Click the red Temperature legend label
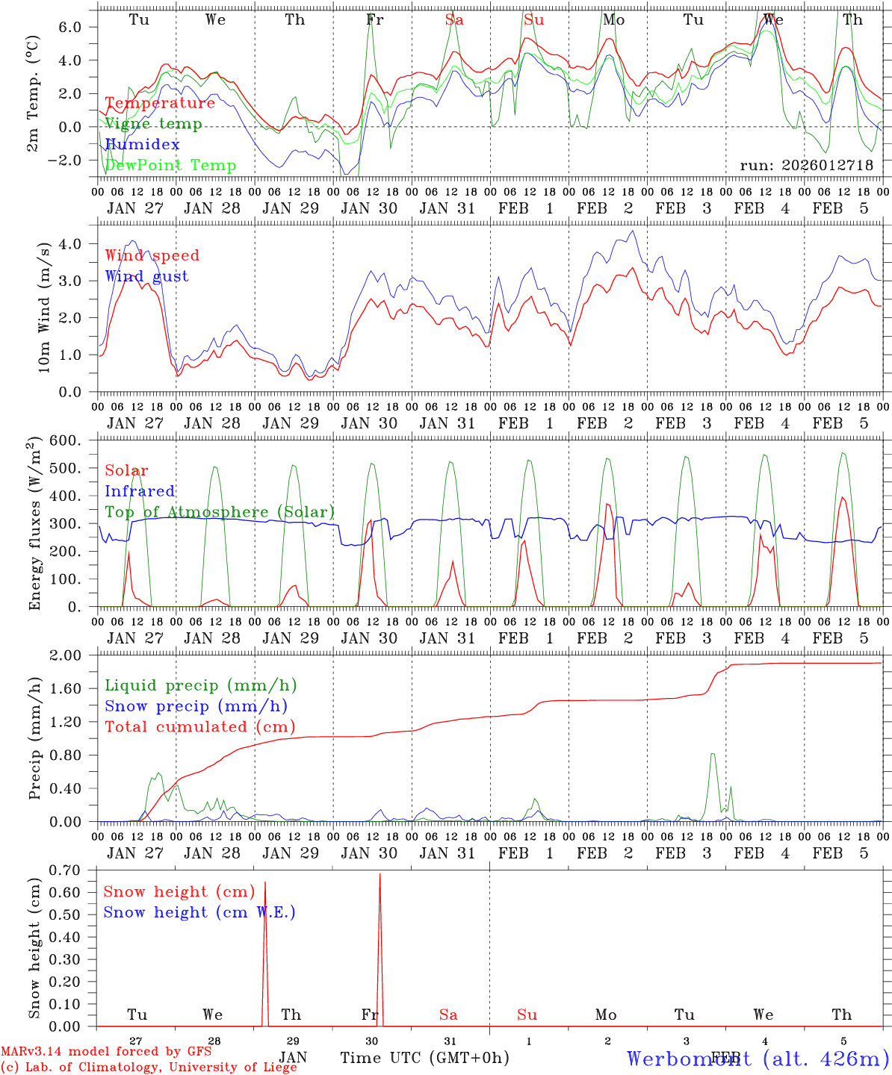pos(160,103)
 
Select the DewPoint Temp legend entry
pos(170,166)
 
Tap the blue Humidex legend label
pos(143,145)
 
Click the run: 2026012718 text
pos(806,166)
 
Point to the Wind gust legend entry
pos(146,276)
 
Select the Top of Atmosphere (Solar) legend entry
pos(220,512)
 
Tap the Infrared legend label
pos(140,491)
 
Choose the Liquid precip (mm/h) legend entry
pos(200,685)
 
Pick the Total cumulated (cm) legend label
pos(199,727)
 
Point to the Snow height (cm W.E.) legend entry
pos(199,912)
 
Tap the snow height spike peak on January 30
pos(380,874)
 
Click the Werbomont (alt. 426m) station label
pos(757,1059)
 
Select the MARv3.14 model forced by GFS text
pos(105,1052)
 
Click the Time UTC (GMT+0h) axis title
pos(424,1058)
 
